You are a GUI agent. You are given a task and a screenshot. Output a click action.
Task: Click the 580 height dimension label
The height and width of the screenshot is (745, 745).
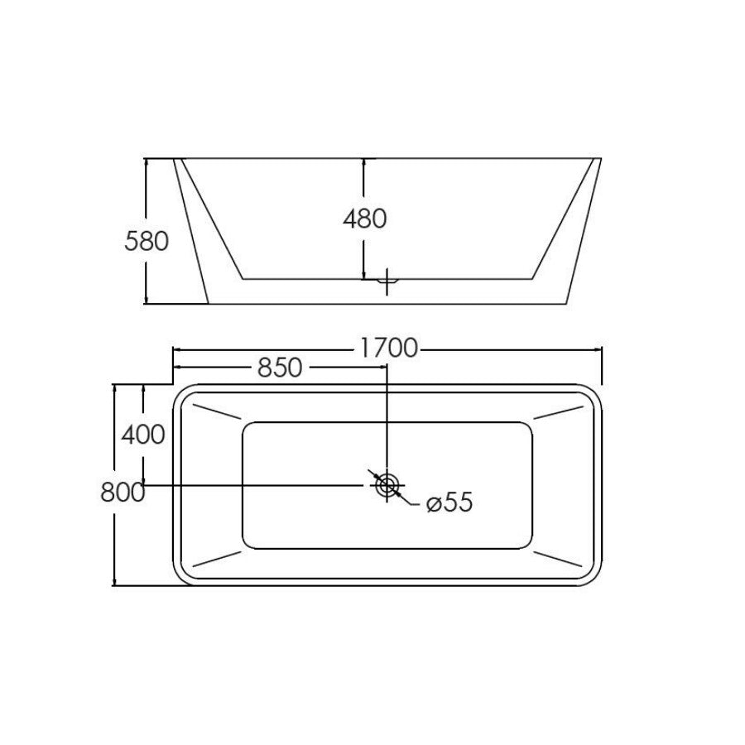click(147, 241)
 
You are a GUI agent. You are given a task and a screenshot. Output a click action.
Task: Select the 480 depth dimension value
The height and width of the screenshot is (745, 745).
click(364, 219)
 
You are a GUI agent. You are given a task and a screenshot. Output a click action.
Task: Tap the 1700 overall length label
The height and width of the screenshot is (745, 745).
click(388, 348)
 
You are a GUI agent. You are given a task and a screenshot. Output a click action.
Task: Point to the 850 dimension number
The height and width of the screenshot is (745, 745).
click(279, 368)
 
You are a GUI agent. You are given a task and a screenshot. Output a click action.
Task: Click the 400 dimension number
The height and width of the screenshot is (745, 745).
click(143, 434)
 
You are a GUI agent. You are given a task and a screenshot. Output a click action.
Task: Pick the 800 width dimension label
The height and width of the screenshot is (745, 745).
click(123, 492)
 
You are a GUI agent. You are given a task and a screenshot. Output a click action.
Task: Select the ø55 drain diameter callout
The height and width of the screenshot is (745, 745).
click(449, 502)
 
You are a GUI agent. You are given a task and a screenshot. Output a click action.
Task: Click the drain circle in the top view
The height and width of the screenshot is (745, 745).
click(387, 485)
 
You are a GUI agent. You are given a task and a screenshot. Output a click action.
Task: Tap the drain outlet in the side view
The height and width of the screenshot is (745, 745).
click(387, 281)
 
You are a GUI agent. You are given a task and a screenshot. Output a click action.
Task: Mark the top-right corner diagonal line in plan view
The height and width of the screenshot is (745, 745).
click(561, 411)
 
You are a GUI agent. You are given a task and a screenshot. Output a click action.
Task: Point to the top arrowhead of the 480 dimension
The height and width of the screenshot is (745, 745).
click(364, 162)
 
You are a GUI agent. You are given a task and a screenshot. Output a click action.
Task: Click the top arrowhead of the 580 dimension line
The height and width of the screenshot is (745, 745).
click(146, 163)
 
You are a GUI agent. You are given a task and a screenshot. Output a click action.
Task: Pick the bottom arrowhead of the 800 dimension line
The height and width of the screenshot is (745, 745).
click(114, 581)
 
